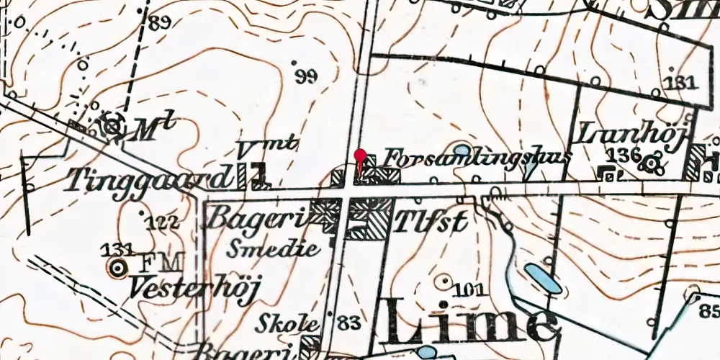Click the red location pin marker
[360, 156]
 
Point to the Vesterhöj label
[194, 287]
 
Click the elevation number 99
[305, 77]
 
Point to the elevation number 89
[160, 22]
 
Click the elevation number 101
[469, 290]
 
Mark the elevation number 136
[624, 155]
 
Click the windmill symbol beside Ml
[112, 126]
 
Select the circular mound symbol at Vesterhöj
[116, 269]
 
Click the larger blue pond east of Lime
[543, 278]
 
